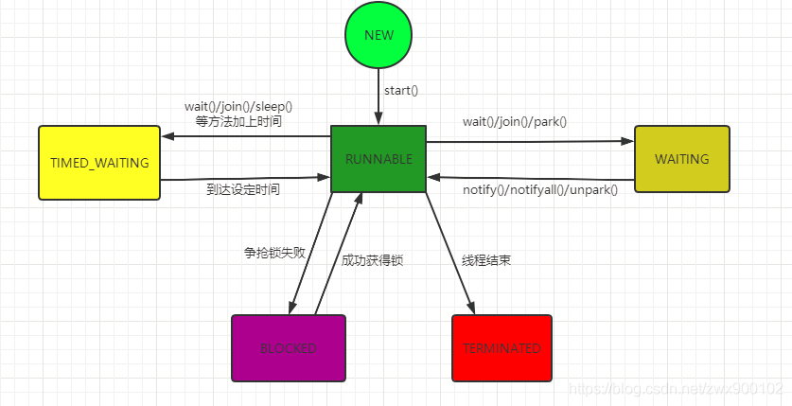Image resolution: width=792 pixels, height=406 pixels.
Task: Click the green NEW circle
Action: coord(378,36)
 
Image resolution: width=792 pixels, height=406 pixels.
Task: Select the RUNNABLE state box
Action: coord(378,160)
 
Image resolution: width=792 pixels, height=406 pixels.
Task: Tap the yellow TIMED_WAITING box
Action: coord(99,163)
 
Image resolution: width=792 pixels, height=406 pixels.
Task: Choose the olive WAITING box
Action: coord(681,159)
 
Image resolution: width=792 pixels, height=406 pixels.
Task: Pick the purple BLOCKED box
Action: coord(289,348)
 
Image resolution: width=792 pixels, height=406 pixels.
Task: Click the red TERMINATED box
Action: coord(502,348)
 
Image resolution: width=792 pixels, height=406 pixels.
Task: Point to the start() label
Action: coord(401,91)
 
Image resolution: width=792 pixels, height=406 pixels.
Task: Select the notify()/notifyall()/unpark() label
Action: coord(539,190)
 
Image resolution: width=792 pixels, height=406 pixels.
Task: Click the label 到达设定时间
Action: coord(243,189)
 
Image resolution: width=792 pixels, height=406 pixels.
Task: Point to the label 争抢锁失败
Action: coord(274,253)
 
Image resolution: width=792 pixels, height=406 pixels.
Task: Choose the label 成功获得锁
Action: coord(373,259)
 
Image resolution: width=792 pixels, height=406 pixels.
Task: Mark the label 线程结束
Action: coord(486,259)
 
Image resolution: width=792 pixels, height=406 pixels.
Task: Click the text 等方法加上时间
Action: coord(238,122)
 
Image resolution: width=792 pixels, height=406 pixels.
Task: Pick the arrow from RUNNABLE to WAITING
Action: coord(530,142)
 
